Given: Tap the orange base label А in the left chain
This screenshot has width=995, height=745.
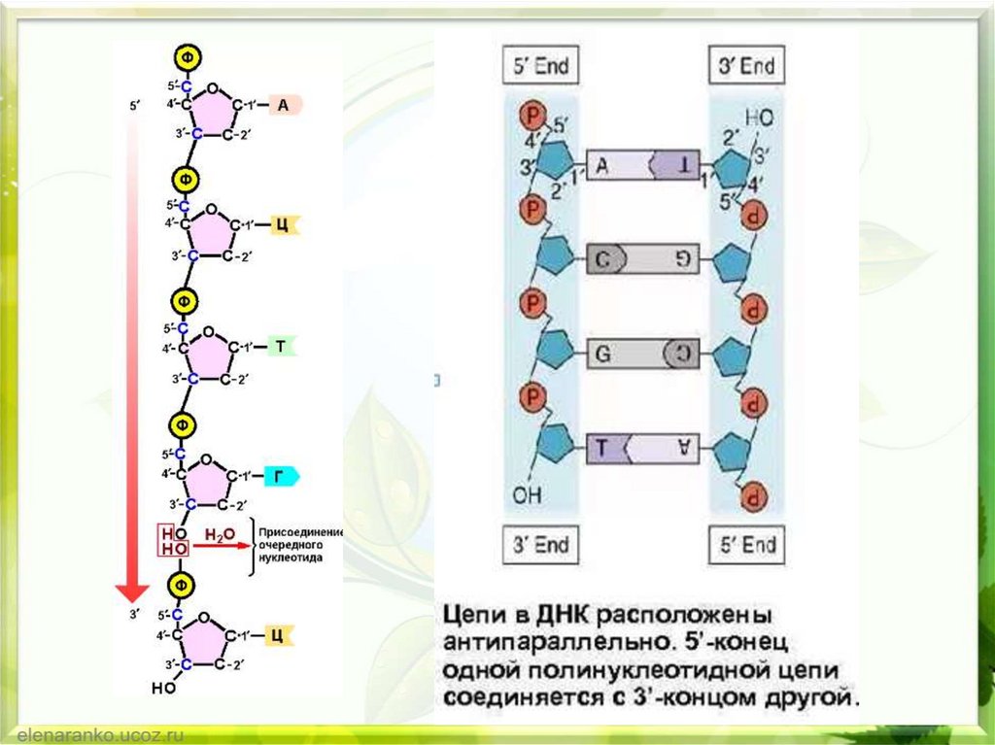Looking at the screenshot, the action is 282,105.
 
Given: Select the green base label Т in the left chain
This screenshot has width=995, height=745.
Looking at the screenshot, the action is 280,346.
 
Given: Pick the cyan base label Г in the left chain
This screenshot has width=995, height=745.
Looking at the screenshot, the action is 279,476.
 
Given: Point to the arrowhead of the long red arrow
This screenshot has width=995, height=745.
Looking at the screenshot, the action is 132,592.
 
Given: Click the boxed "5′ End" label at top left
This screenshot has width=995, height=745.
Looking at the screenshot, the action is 540,67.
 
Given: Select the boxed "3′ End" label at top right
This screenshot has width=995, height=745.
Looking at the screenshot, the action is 746,67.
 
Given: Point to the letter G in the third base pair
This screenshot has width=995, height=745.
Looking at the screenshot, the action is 602,355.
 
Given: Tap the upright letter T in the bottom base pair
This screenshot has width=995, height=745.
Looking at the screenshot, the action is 602,448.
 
